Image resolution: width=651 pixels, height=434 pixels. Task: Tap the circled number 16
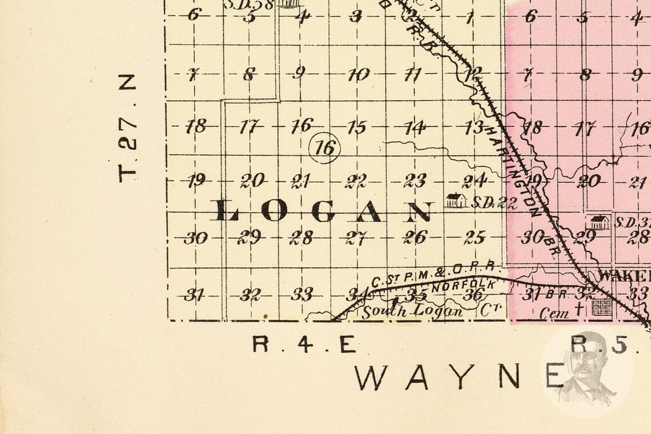324,148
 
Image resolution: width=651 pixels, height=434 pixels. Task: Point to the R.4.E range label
304,344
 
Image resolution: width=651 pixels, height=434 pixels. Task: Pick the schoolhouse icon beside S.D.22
456,200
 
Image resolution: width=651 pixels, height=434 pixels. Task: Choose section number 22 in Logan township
356,182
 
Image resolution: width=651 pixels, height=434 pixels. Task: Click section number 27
356,238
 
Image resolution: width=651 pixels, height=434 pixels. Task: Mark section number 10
358,74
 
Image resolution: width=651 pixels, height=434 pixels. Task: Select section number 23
415,181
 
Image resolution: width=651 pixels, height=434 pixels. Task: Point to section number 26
415,236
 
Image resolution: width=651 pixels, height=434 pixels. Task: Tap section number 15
356,127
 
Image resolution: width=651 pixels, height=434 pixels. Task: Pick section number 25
475,237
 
